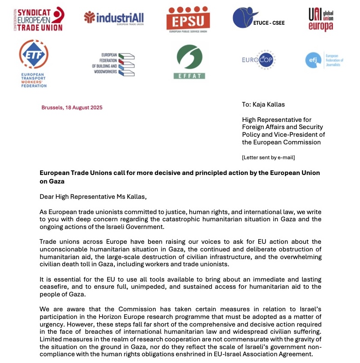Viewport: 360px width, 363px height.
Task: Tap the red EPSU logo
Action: (188, 19)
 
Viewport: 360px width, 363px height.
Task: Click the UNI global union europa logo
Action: (321, 19)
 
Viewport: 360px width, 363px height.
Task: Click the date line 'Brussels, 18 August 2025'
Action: (72, 108)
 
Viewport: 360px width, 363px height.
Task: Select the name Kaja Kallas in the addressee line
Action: (269, 104)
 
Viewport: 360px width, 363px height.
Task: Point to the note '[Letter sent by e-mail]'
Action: (268, 157)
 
